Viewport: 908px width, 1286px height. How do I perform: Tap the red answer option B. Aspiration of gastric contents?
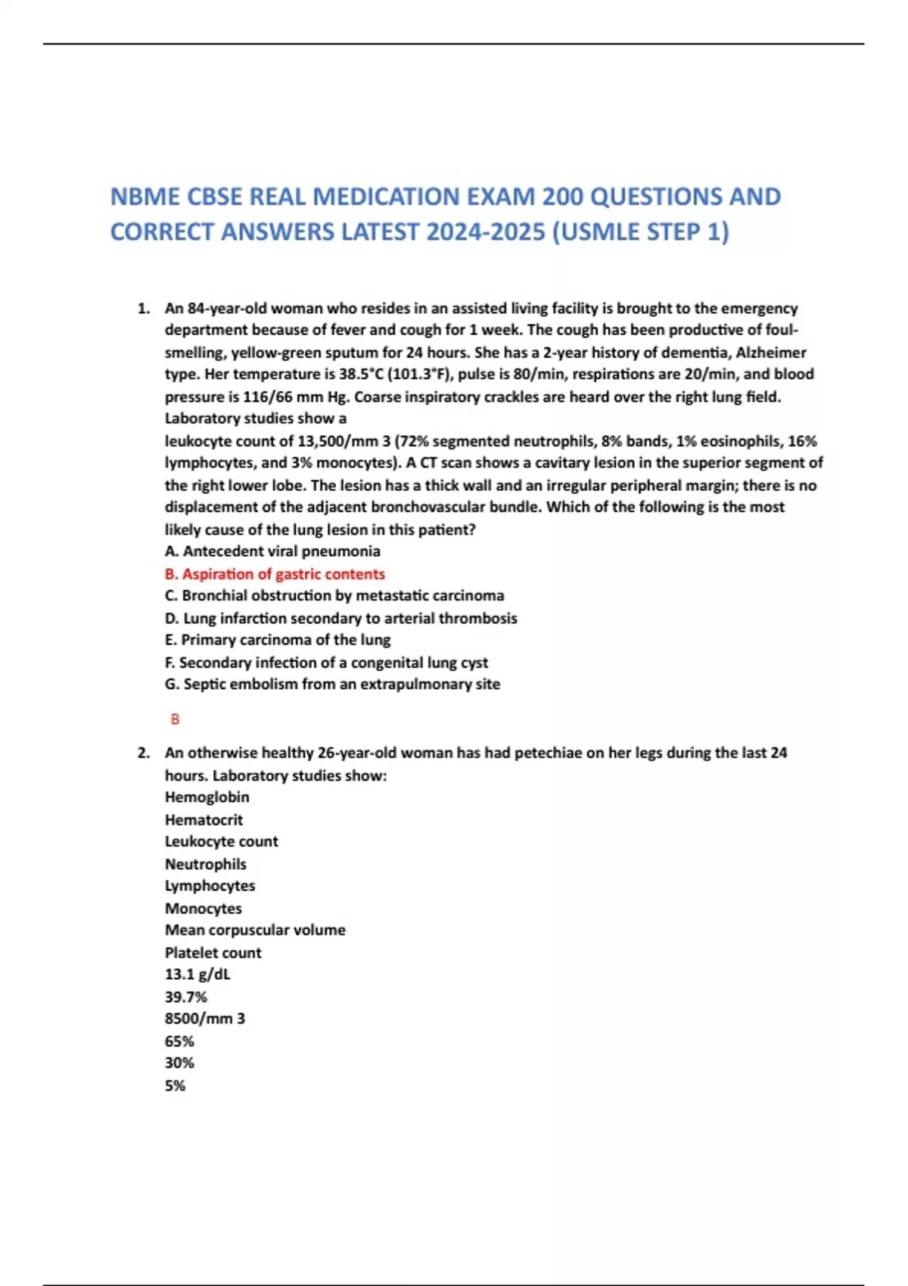click(x=275, y=574)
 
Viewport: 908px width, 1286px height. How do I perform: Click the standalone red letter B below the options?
click(x=175, y=719)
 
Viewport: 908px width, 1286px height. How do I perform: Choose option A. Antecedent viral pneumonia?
click(x=272, y=551)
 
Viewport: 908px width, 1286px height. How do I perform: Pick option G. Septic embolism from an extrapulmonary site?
click(x=332, y=685)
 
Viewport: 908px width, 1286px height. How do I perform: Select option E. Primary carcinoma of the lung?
click(x=278, y=640)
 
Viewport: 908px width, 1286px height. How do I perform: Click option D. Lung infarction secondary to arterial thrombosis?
click(x=340, y=618)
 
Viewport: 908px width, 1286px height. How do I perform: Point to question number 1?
click(x=142, y=309)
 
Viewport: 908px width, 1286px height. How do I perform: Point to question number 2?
click(x=142, y=753)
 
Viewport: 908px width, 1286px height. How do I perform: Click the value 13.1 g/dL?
click(x=197, y=974)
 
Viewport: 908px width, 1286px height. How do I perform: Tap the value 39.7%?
click(x=185, y=997)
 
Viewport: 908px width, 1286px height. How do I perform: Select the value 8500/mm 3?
click(x=204, y=1019)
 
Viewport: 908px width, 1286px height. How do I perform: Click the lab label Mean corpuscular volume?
click(x=255, y=930)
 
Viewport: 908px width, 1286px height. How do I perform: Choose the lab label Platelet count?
click(x=213, y=953)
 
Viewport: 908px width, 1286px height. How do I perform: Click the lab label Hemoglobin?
click(x=207, y=797)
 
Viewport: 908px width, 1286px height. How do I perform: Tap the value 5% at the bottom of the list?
click(x=175, y=1086)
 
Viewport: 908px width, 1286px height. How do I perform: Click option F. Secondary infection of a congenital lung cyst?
click(x=326, y=663)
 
